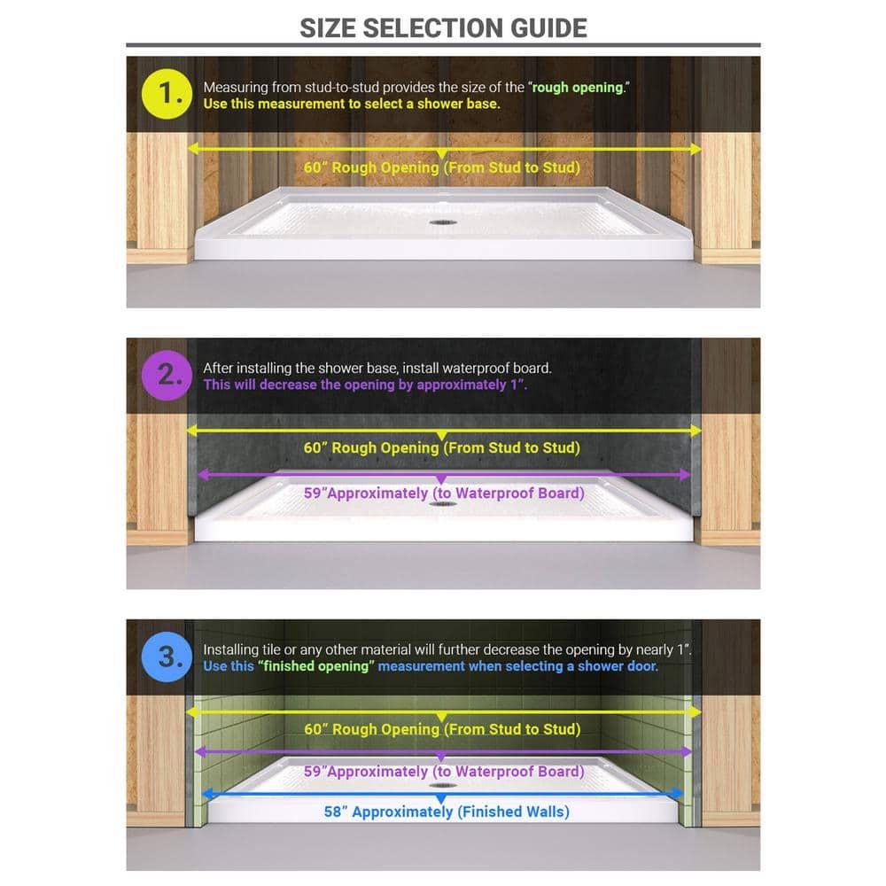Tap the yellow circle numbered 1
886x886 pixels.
(x=166, y=95)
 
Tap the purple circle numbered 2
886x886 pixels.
(x=166, y=376)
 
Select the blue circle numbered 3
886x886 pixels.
(x=166, y=657)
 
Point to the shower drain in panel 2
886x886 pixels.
(x=439, y=503)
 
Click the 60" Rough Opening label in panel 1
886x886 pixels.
(x=442, y=167)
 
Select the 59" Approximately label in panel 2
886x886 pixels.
(x=444, y=493)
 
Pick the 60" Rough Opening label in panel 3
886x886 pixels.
(x=442, y=729)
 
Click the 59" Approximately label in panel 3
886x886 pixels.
(x=444, y=772)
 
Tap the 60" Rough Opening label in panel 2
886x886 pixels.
(x=442, y=447)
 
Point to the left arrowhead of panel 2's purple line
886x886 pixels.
(x=202, y=475)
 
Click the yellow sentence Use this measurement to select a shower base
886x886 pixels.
(x=352, y=104)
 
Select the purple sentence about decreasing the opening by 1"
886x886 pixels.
(x=365, y=385)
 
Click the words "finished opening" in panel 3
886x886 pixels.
(x=315, y=666)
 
